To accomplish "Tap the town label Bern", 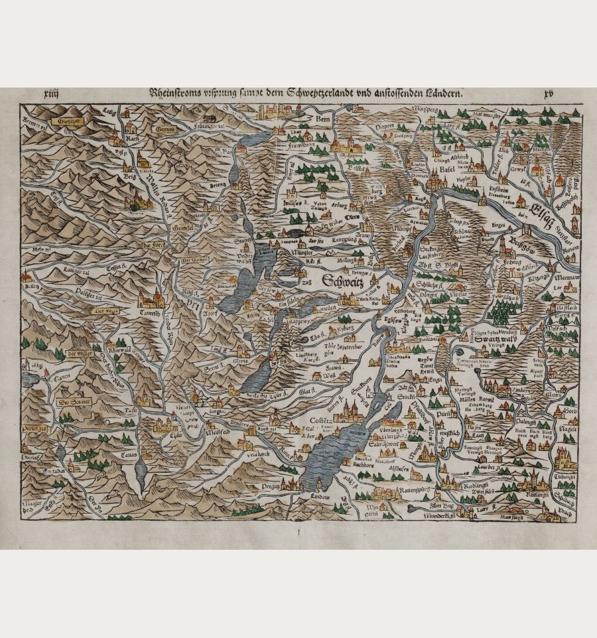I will tap(323, 119).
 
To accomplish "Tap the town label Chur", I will tap(159, 436).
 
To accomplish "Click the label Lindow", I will tap(318, 497).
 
